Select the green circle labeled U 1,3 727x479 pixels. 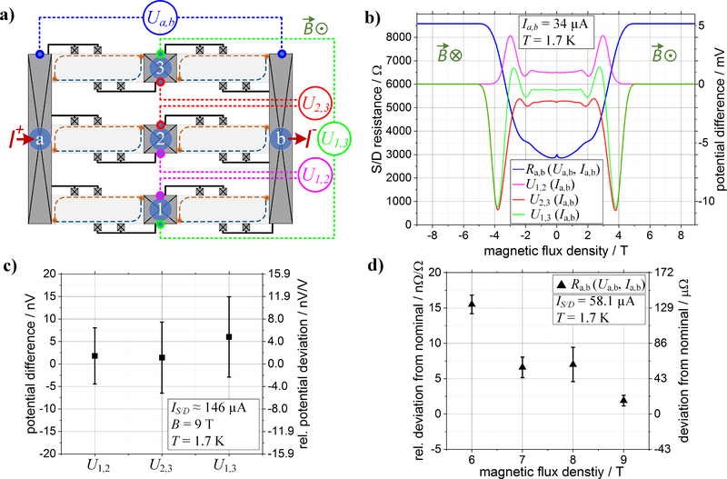(x=340, y=138)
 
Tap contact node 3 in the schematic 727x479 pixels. (x=160, y=69)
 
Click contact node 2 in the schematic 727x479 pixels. (x=160, y=139)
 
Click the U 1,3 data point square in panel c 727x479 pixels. (x=229, y=336)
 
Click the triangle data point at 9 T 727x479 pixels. (x=624, y=400)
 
